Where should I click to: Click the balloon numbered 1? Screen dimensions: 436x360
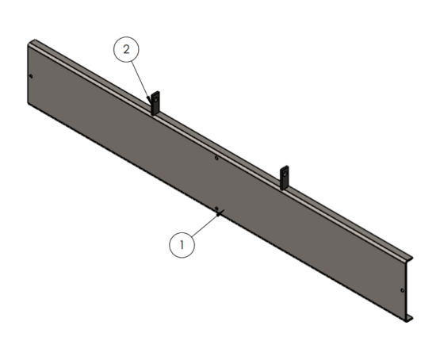[x=182, y=245]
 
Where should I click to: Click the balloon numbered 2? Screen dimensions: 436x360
[x=126, y=49]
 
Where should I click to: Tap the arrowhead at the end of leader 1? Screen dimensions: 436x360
[x=220, y=213]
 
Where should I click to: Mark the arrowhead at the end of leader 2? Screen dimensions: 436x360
[x=149, y=100]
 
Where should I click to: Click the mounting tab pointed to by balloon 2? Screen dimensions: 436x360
[x=155, y=103]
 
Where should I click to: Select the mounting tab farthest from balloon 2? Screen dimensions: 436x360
[x=284, y=178]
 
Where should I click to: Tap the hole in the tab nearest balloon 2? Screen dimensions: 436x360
[x=155, y=98]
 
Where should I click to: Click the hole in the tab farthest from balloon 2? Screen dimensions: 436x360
[x=285, y=174]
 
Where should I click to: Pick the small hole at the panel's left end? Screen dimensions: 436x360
[x=31, y=76]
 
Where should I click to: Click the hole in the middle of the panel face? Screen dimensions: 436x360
[x=217, y=158]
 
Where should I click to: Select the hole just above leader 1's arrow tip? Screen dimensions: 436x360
[x=216, y=209]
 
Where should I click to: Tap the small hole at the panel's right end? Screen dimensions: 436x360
[x=402, y=290]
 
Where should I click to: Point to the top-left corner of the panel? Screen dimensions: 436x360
[x=28, y=44]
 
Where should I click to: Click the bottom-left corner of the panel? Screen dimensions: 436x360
[x=28, y=103]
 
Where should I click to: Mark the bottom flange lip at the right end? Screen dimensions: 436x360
[x=409, y=319]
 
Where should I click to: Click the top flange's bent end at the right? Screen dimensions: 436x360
[x=409, y=259]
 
